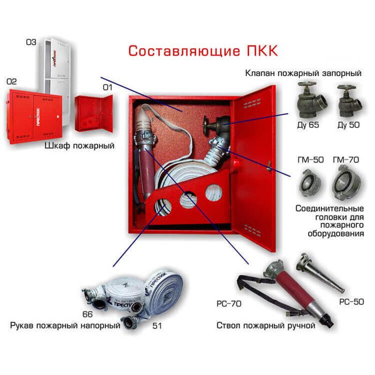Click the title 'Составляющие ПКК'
[x=203, y=51]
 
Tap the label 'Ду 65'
[x=308, y=125]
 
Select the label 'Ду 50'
[x=348, y=125]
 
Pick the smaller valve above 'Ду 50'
[x=350, y=102]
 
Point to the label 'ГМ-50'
[x=310, y=160]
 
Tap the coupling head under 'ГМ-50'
[x=310, y=183]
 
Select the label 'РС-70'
[x=229, y=304]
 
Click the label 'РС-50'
[x=351, y=302]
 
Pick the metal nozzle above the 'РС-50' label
[x=320, y=273]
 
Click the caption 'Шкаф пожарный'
[x=80, y=146]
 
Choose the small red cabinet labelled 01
[x=94, y=114]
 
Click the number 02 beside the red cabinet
[x=11, y=82]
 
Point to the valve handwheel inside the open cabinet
[x=205, y=126]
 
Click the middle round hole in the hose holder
[x=188, y=199]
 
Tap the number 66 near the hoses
[x=87, y=314]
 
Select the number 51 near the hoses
[x=157, y=326]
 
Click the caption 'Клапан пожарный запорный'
[x=303, y=73]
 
